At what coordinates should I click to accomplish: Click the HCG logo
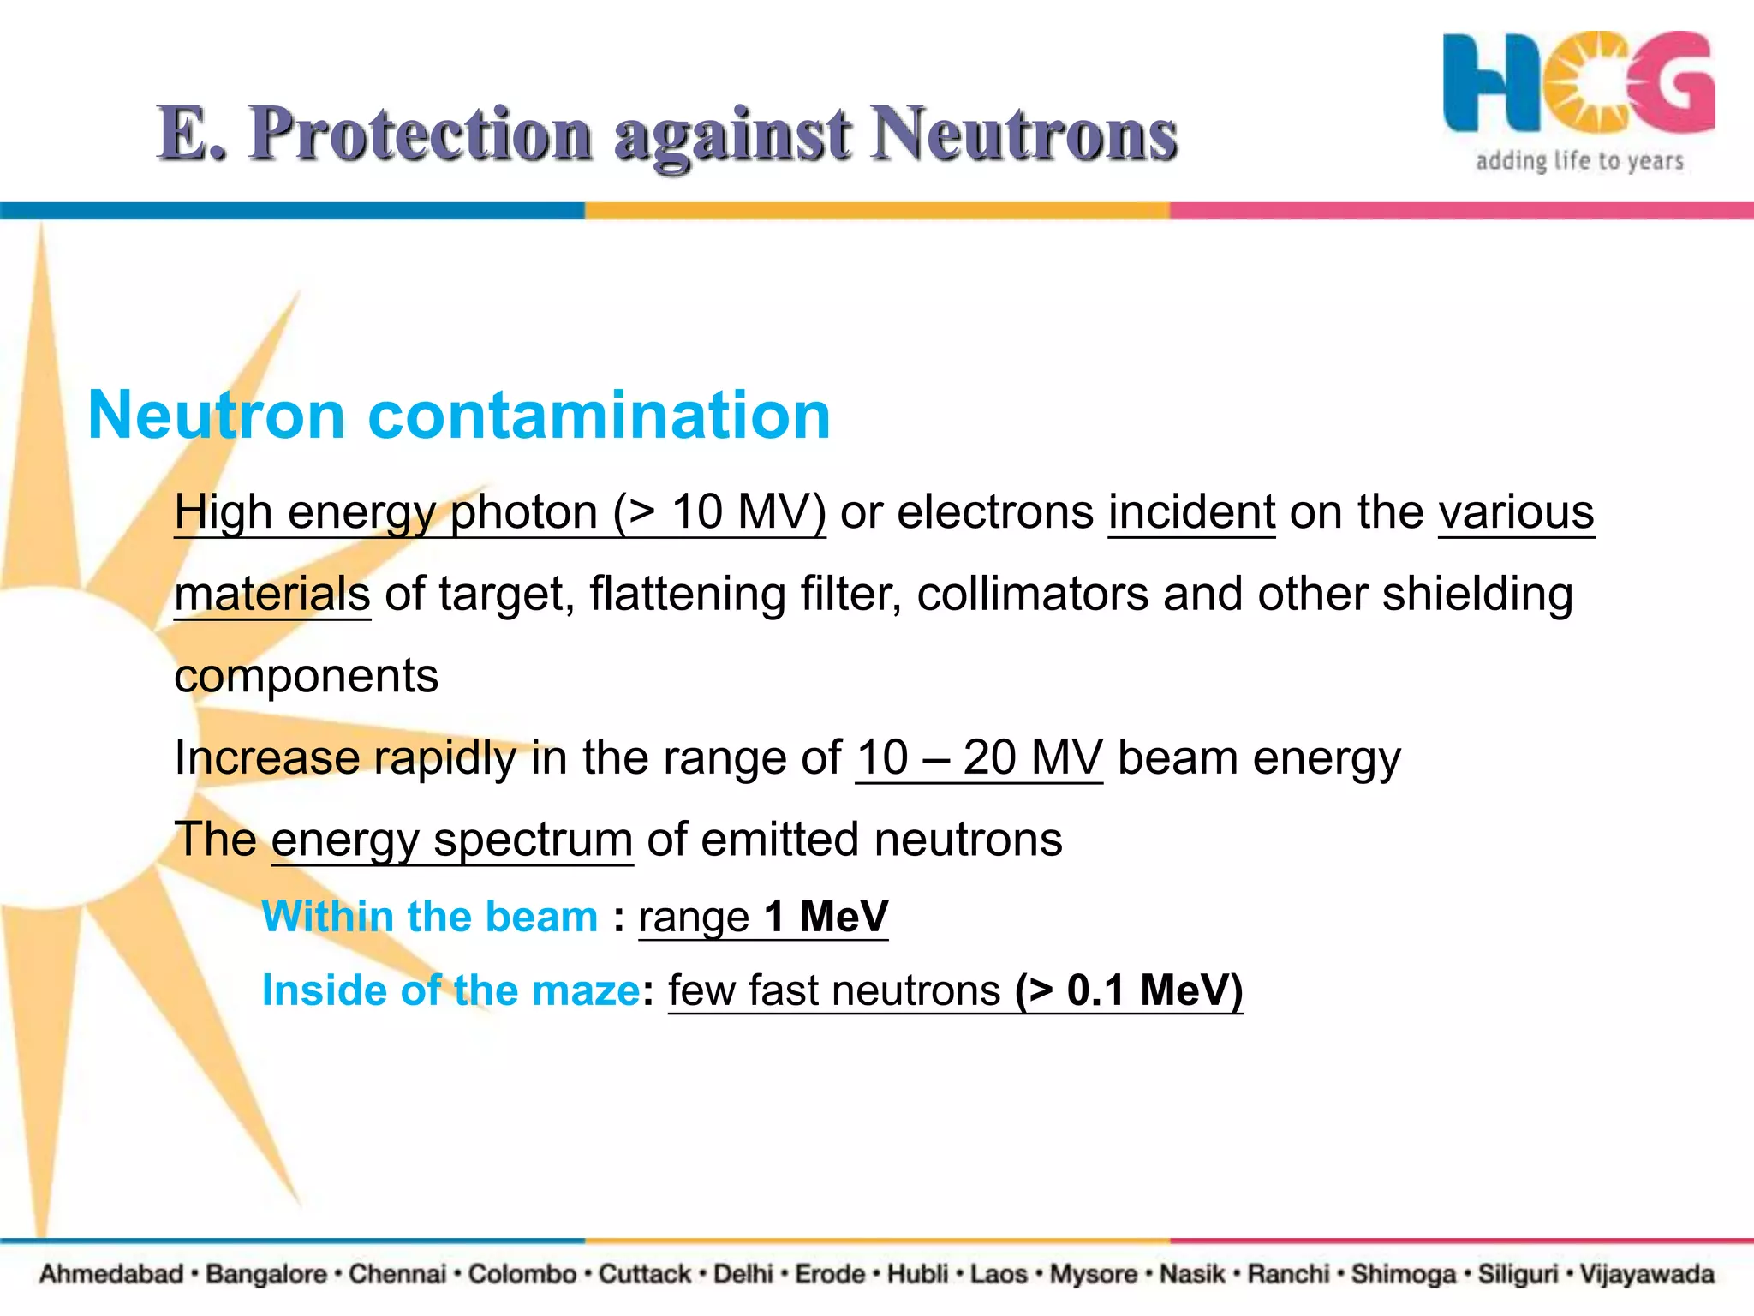(1578, 83)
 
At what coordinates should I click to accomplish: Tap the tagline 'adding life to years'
(1579, 161)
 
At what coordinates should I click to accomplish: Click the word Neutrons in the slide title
(1024, 134)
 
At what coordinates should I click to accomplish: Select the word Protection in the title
(420, 134)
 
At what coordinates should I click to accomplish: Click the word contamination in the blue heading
(599, 416)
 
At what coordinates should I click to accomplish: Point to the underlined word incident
(1191, 512)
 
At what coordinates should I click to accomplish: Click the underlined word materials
(272, 594)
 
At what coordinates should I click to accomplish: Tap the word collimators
(1032, 594)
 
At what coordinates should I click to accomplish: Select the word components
(306, 676)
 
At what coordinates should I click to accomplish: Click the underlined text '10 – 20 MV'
(979, 758)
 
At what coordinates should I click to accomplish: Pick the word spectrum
(533, 840)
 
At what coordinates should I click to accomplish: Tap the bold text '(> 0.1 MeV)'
(1129, 990)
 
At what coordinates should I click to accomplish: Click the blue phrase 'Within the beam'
(429, 916)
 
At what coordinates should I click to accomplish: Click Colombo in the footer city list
(522, 1274)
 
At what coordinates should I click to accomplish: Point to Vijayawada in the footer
(1646, 1274)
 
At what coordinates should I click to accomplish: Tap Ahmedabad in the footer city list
(111, 1274)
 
